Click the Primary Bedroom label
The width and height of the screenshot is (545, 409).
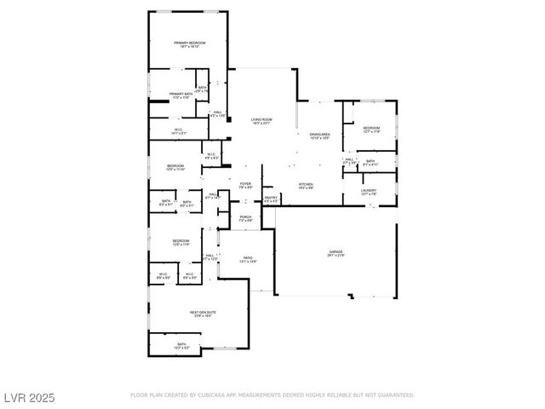pyautogui.click(x=190, y=43)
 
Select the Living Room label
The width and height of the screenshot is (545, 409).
pyautogui.click(x=261, y=119)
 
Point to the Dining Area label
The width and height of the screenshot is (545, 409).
pyautogui.click(x=319, y=135)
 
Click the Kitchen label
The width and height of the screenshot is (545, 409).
pyautogui.click(x=307, y=184)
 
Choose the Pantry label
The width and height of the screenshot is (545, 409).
pyautogui.click(x=271, y=198)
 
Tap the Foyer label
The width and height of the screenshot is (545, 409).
pyautogui.click(x=245, y=184)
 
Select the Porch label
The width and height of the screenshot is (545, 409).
pyautogui.click(x=245, y=217)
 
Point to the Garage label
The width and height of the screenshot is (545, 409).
pyautogui.click(x=336, y=252)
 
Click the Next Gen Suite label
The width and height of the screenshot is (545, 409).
pyautogui.click(x=203, y=313)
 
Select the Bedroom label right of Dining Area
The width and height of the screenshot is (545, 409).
pyautogui.click(x=371, y=128)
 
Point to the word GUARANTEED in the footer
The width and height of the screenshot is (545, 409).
pyautogui.click(x=395, y=395)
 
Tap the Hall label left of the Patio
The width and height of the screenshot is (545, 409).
pyautogui.click(x=209, y=255)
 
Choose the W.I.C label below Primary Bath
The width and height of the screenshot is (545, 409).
pyautogui.click(x=178, y=130)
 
